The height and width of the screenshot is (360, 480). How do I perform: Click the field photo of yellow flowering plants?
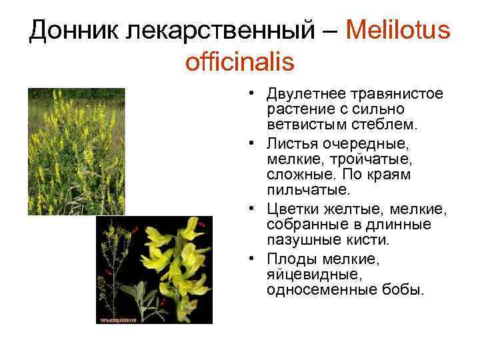[x=75, y=151]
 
